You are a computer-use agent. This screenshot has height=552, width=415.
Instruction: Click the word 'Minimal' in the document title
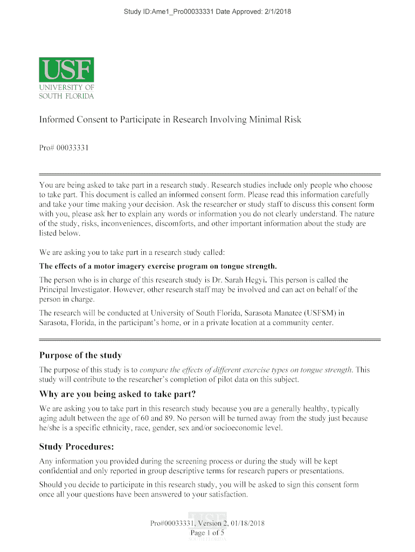coord(267,119)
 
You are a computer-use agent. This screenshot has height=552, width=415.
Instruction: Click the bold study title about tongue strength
coord(158,266)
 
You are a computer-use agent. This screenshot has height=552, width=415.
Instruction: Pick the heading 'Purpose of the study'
coord(81,355)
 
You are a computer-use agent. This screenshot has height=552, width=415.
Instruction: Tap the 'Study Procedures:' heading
coord(76,447)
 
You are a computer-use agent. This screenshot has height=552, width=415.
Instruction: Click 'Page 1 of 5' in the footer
coord(207,533)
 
